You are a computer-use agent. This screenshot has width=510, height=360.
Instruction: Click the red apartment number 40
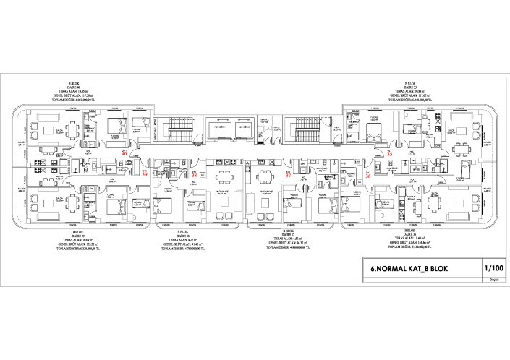tap(124, 154)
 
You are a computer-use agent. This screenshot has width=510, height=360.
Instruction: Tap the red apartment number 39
tap(145, 175)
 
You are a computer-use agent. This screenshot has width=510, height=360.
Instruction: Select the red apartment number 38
tap(194, 175)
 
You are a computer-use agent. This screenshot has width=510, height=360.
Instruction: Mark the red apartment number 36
tap(368, 175)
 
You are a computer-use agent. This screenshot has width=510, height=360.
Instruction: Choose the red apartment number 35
tap(389, 154)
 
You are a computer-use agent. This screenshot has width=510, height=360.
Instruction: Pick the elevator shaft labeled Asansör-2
tap(243, 129)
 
